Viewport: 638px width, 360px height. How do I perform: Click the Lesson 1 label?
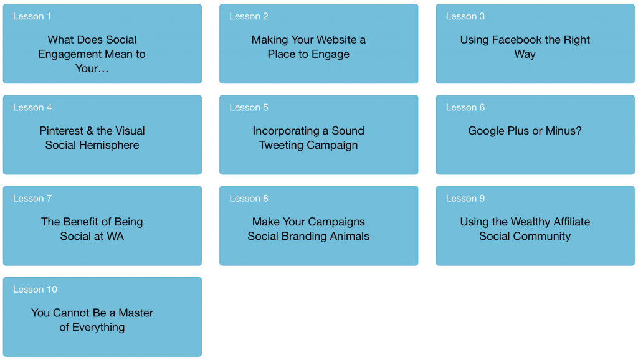pyautogui.click(x=32, y=16)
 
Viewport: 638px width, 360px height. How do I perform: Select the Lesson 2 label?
pyautogui.click(x=249, y=16)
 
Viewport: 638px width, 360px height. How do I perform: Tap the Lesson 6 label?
pyautogui.click(x=465, y=107)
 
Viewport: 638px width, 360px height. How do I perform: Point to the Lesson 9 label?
pyautogui.click(x=465, y=199)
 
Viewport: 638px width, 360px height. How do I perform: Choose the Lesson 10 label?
pyautogui.click(x=35, y=290)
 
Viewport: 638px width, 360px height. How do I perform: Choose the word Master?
pyautogui.click(x=136, y=313)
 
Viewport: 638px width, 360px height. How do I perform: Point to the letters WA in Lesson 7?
pyautogui.click(x=116, y=236)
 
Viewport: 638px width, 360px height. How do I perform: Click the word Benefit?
pyautogui.click(x=82, y=222)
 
